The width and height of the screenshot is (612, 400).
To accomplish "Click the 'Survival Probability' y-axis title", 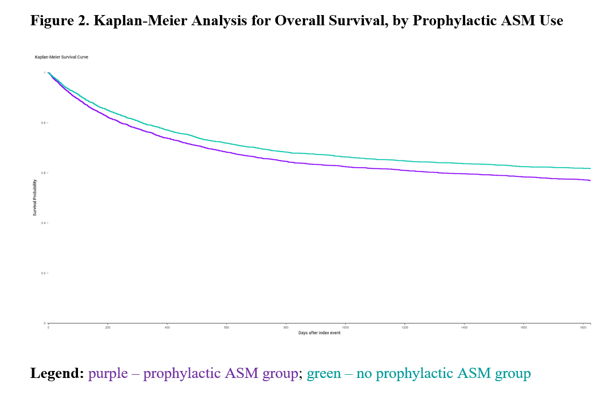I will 35,197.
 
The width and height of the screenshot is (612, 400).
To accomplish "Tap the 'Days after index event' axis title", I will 319,333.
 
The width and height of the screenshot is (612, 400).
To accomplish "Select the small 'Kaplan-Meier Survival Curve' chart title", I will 61,56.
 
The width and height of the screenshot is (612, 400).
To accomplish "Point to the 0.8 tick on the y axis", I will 44,123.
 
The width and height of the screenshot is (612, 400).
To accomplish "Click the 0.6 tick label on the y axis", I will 44,173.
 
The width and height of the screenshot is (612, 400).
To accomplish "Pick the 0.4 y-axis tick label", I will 44,223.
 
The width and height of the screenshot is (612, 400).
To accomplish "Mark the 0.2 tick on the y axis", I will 44,273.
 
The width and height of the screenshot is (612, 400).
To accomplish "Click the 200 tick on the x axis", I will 108,327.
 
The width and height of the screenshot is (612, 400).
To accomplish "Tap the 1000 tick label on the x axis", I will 345,327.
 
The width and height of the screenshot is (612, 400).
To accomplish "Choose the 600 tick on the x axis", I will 226,327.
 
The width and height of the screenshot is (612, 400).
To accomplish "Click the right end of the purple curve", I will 590,180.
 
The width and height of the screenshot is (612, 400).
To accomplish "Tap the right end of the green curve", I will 590,168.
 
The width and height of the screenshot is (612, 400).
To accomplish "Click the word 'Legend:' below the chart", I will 57,373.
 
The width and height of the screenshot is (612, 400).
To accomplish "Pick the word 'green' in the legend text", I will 324,373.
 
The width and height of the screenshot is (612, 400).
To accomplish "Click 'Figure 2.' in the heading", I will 59,21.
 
